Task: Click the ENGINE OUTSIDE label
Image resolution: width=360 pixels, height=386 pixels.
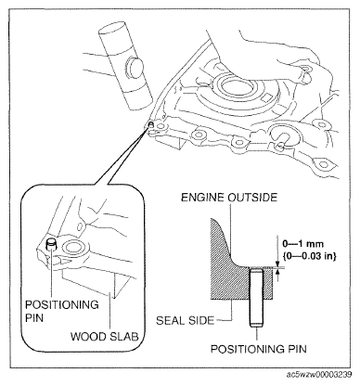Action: click(x=229, y=198)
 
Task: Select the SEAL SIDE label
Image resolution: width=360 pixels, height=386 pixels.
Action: click(x=185, y=320)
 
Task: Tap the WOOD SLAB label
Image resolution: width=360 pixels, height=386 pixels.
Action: click(x=105, y=337)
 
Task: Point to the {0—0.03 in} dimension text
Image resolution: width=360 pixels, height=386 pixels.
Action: click(x=309, y=256)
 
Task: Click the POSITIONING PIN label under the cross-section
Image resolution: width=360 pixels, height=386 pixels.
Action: click(x=259, y=349)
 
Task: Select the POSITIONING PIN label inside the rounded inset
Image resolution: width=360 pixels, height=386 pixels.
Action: click(x=62, y=311)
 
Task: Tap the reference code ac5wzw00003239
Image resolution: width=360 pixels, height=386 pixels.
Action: click(x=319, y=375)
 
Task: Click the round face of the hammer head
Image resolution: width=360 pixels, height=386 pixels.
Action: click(x=135, y=66)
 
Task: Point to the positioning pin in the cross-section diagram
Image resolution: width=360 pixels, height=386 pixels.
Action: click(x=257, y=297)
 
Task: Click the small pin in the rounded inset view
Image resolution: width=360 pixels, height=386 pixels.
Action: click(x=51, y=244)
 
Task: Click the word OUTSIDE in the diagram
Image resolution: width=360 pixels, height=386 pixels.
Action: click(x=252, y=198)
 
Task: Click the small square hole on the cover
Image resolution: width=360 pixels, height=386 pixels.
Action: click(x=266, y=99)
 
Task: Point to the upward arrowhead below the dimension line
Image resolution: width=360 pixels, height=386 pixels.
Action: click(x=278, y=272)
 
